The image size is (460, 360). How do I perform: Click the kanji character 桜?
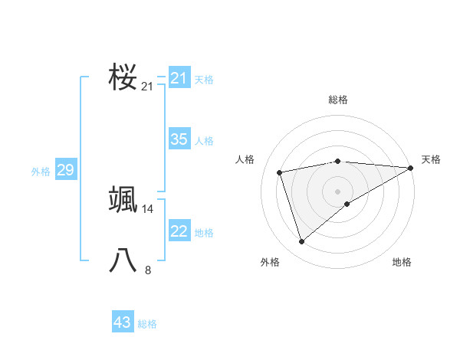click(123, 77)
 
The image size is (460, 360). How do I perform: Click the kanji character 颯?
click(123, 200)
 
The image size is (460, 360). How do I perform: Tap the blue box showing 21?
click(179, 78)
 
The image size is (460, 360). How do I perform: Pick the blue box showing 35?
click(179, 139)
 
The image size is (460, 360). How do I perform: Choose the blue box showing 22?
click(179, 231)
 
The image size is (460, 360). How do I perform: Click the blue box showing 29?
click(65, 170)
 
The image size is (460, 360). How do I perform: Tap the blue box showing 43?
click(122, 322)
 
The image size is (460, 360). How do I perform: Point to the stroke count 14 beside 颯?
click(148, 208)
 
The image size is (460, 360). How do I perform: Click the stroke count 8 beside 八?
click(148, 270)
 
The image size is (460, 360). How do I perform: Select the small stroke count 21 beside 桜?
click(147, 87)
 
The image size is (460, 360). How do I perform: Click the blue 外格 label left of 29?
click(41, 172)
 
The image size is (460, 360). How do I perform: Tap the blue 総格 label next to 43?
click(147, 324)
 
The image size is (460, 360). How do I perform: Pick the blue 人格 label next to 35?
click(204, 141)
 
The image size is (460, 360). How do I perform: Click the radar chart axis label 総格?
click(338, 100)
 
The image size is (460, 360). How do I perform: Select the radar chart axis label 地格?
click(402, 263)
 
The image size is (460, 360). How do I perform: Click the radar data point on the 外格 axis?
click(301, 242)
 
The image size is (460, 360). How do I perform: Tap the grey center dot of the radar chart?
click(337, 191)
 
